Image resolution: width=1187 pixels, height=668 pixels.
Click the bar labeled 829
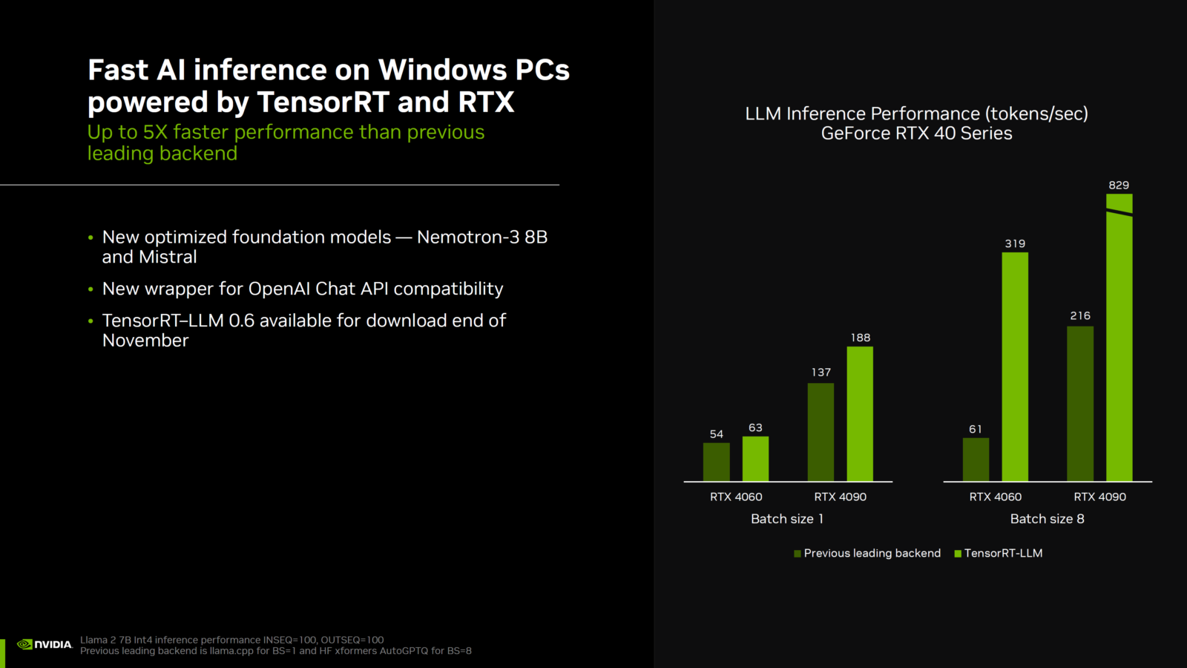[1119, 341]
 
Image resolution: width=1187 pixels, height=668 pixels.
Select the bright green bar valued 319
[1015, 367]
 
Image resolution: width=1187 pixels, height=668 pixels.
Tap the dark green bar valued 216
[1080, 404]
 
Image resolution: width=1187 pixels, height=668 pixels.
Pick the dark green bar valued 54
[716, 462]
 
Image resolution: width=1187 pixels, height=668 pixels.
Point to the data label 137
[821, 372]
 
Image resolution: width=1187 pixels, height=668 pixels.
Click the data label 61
[976, 429]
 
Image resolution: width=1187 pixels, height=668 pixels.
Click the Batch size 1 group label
[787, 519]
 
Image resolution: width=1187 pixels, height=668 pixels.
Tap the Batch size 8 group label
[1047, 519]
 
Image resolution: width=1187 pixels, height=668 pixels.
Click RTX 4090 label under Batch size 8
[1099, 497]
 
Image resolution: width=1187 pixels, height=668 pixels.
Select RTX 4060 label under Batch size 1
[736, 497]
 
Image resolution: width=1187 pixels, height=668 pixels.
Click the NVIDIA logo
[45, 644]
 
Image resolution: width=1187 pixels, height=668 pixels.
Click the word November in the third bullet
[145, 341]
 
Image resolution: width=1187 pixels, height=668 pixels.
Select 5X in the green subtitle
[155, 132]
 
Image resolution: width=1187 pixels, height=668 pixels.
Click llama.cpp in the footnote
[231, 651]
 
